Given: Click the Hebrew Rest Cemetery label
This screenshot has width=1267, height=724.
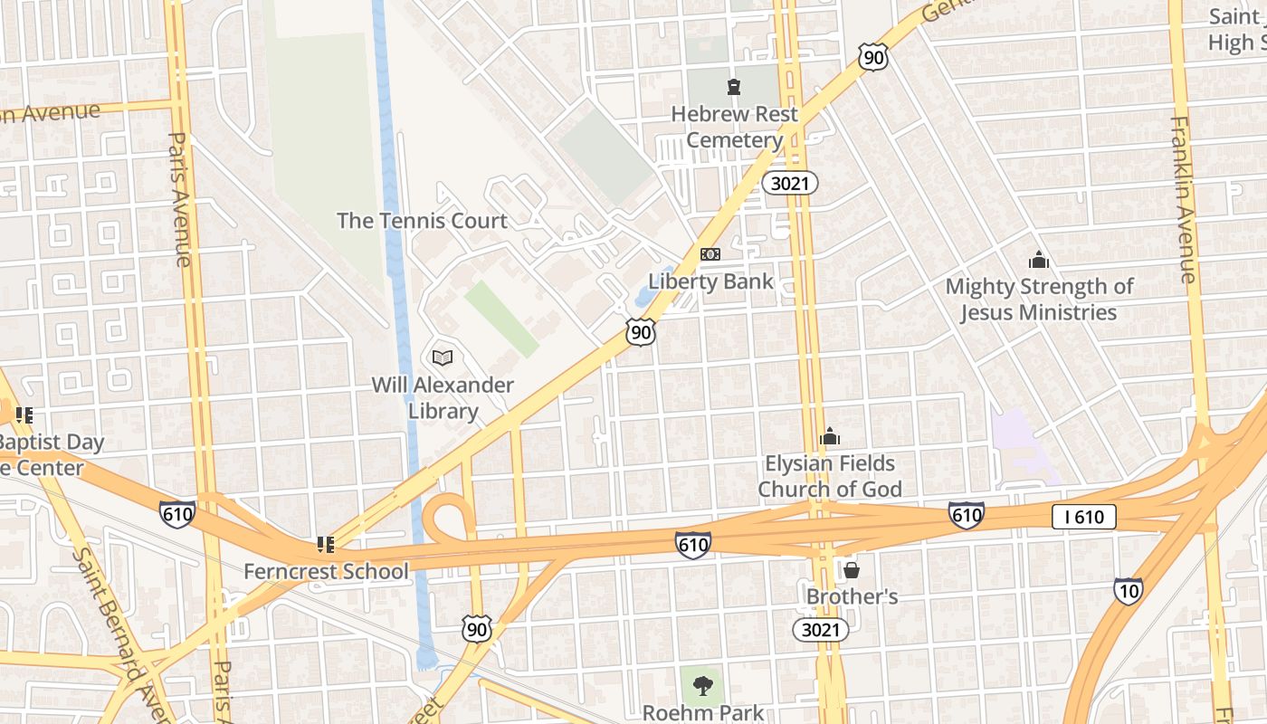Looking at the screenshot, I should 734,128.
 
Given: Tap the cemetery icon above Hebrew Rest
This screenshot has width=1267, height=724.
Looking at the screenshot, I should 733,87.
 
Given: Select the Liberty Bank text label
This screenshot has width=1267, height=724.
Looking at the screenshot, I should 710,281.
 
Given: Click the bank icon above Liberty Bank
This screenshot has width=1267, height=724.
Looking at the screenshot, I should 710,254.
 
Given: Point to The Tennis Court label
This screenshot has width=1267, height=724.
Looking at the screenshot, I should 422,221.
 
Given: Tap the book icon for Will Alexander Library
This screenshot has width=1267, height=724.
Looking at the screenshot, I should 443,357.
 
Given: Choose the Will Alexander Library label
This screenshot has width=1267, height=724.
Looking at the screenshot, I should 443,398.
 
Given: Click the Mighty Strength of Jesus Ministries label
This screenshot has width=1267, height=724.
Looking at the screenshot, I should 1039,300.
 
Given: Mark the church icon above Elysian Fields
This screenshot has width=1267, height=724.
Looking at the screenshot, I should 830,437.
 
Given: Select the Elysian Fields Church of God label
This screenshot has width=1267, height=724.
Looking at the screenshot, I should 830,476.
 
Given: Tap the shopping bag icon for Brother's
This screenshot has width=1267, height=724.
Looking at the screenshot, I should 852,570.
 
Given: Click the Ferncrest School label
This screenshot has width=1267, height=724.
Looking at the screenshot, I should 326,572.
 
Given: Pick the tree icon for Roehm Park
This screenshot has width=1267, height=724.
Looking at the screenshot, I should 702,685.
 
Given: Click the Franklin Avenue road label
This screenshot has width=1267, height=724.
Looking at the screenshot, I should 1186,199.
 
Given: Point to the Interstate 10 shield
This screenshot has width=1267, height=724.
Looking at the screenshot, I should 1128,591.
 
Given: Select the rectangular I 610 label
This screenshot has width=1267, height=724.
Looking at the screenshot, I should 1083,517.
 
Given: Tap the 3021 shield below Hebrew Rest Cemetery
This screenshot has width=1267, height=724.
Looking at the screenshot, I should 789,184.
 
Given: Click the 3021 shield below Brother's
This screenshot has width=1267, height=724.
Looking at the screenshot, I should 820,630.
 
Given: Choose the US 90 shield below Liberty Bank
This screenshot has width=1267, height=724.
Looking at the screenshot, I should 641,332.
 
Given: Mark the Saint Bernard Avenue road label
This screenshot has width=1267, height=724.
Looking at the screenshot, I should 113,615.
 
